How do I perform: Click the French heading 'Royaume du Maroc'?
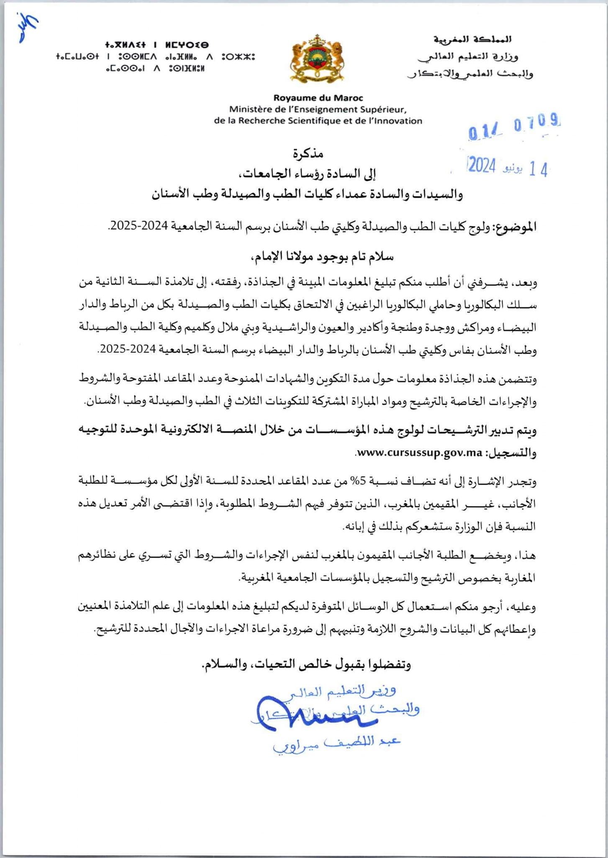(x=318, y=98)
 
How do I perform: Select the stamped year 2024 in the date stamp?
(x=482, y=166)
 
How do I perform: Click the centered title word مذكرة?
(x=308, y=154)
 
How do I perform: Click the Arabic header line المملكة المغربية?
(x=472, y=40)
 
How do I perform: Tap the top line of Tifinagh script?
(x=157, y=44)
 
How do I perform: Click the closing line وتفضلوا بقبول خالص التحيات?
(x=306, y=665)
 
